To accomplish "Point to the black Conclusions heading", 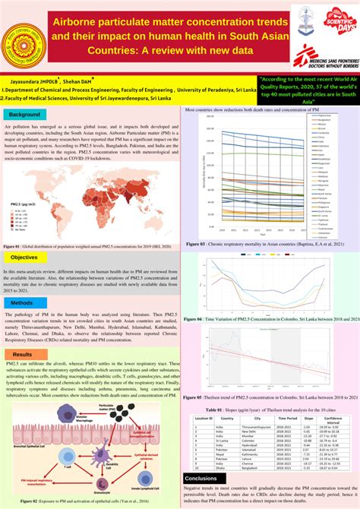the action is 201,478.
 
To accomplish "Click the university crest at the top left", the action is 23,40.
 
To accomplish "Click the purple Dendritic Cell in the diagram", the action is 115,444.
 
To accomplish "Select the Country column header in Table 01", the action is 227,418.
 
